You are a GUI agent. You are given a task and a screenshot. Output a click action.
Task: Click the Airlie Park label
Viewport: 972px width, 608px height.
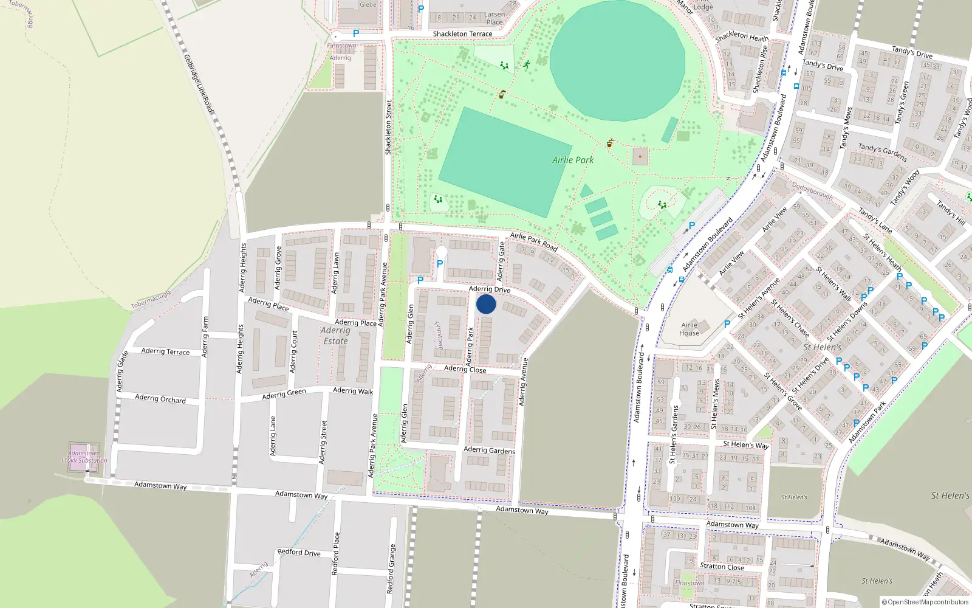(573, 160)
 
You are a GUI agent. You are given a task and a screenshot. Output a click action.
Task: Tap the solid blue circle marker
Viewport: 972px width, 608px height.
(486, 304)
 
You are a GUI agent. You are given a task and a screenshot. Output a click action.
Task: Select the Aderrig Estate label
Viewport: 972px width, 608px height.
(335, 336)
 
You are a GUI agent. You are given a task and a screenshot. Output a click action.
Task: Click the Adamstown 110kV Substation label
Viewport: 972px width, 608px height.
(84, 457)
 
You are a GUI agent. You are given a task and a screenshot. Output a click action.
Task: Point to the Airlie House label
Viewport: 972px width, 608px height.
(689, 329)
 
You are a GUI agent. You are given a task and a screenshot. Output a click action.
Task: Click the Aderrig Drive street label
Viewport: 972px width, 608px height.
(490, 289)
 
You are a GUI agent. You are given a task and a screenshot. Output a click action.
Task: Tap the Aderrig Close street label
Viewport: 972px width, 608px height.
(465, 369)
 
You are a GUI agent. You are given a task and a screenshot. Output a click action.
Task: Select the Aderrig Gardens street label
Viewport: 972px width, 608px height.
(489, 450)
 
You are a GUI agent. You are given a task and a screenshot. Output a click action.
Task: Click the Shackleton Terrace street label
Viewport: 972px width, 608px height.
(462, 34)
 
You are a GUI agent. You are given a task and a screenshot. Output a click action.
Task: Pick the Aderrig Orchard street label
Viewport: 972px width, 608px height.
(160, 399)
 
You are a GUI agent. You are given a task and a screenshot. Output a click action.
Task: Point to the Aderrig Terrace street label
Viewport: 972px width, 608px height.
(165, 351)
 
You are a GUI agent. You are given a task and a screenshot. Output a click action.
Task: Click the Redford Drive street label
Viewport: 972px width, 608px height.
(299, 553)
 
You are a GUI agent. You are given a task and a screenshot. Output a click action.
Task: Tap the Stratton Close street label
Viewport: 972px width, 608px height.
(722, 567)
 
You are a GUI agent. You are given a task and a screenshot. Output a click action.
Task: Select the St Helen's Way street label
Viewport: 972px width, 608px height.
(746, 444)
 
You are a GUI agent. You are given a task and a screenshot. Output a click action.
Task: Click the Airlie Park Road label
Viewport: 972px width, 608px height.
(533, 241)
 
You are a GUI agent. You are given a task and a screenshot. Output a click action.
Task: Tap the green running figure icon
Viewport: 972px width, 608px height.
(526, 64)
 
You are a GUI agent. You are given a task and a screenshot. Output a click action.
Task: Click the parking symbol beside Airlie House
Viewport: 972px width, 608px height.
(727, 325)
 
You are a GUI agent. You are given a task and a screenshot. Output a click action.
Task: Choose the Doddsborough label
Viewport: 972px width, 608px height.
(812, 192)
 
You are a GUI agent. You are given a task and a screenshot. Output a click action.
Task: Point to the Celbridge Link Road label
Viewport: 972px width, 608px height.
(199, 83)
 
